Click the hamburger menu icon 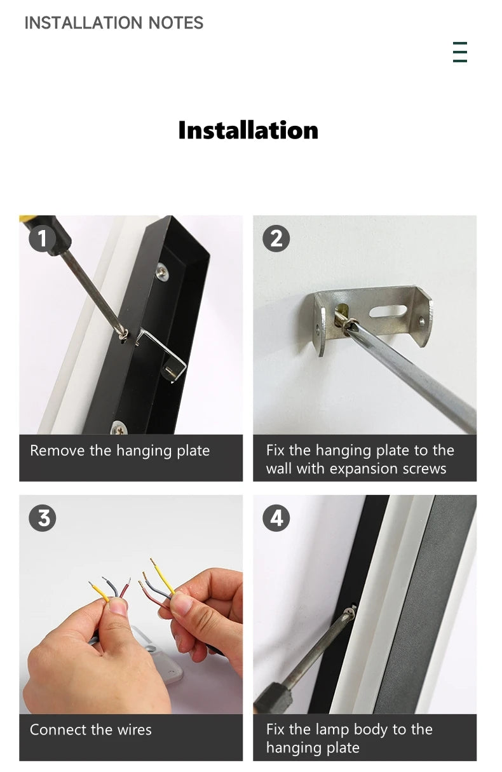coord(460,52)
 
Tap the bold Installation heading coord(248,130)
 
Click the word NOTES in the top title coord(176,23)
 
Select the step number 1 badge coord(43,238)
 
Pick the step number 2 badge coord(276,238)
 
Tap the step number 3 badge coord(43,518)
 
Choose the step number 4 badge coord(276,518)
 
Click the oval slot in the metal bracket coord(388,311)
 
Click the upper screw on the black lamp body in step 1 coord(162,273)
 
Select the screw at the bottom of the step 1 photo coord(119,429)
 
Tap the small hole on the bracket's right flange coord(422,322)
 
